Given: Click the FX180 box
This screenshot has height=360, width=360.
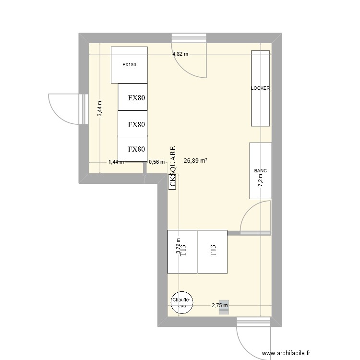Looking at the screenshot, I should [129, 65].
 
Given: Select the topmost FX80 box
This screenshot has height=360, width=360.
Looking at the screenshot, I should [132, 97].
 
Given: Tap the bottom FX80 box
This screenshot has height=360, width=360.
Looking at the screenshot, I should [132, 149].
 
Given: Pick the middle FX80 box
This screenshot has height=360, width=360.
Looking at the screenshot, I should [132, 124].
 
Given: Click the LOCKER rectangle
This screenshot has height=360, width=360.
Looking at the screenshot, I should [260, 88].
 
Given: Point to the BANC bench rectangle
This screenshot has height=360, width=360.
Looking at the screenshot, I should [260, 170].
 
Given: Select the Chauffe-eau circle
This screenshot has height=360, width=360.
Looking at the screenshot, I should [182, 302].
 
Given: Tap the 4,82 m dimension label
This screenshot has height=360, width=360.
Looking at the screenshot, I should [180, 54].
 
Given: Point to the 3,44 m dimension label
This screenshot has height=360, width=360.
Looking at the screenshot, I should [99, 108].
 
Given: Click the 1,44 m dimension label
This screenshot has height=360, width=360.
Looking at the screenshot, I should [116, 162].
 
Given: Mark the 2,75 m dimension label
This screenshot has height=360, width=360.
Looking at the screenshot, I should [220, 305].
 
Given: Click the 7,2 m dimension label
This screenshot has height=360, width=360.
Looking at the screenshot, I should [261, 180].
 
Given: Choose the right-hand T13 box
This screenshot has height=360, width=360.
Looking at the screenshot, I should [212, 252].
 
